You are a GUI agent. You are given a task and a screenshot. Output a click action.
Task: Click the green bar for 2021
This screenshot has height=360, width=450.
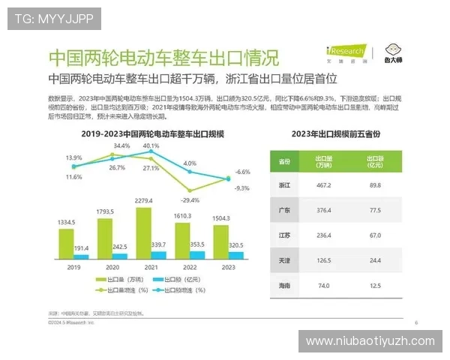click(147, 233)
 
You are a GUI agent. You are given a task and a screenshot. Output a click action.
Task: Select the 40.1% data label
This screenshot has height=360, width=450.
click(151, 145)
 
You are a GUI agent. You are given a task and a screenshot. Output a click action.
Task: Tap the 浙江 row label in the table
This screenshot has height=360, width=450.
click(284, 184)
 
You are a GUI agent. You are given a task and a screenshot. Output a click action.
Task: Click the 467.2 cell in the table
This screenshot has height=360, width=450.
click(324, 184)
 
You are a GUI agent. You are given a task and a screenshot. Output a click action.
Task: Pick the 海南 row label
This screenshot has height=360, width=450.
click(284, 286)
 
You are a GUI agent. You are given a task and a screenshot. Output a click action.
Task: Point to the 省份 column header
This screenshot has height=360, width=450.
click(284, 161)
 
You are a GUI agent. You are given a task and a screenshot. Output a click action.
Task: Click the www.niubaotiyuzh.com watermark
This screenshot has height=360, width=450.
click(370, 341)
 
